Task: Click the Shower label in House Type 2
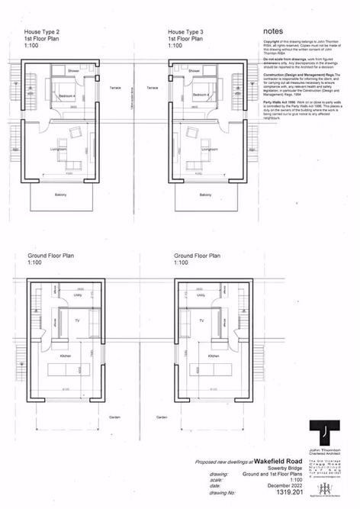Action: [x=73, y=70]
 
